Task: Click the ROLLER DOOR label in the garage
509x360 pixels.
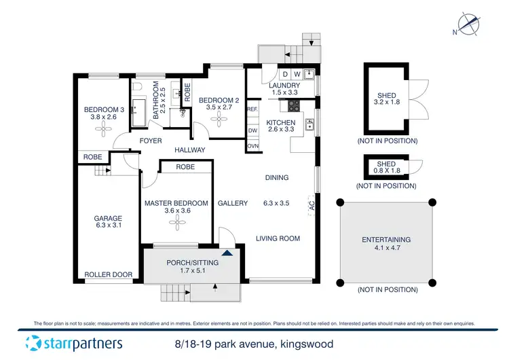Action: pos(108,274)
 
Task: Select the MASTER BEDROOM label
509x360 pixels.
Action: pos(176,203)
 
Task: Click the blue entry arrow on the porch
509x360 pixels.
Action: pos(227,252)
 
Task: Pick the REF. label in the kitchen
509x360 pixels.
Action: pos(252,109)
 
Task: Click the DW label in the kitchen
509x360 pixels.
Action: pos(252,130)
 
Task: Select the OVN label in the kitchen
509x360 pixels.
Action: pos(252,146)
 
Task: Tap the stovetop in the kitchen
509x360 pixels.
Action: pos(295,105)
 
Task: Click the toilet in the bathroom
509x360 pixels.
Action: pos(137,88)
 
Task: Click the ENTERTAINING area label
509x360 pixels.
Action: pos(387,240)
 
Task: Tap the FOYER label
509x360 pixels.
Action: pos(150,141)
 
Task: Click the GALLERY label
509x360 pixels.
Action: pos(232,203)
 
